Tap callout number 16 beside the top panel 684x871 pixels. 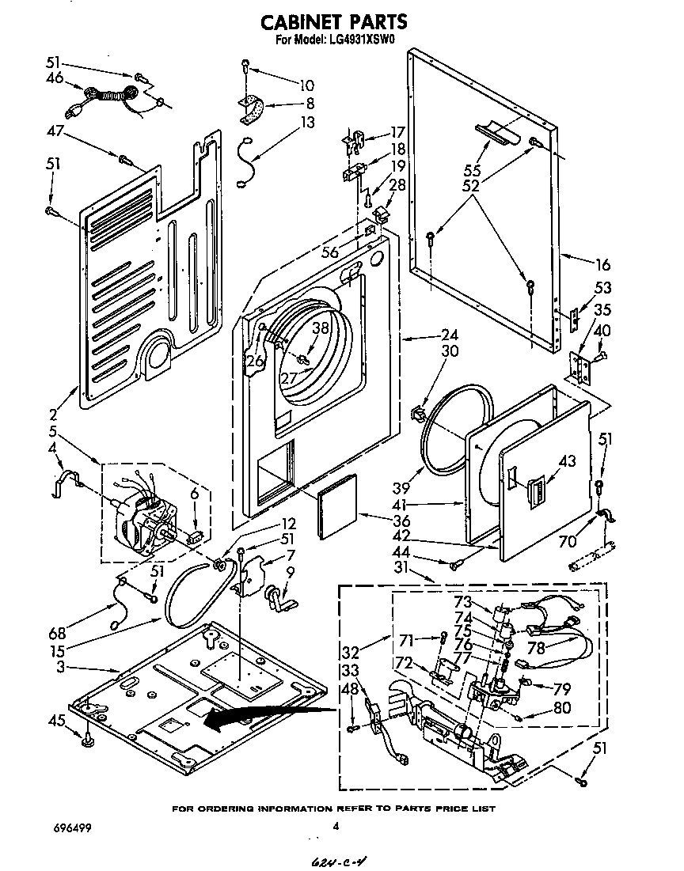pyautogui.click(x=603, y=264)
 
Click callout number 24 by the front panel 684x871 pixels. pyautogui.click(x=428, y=335)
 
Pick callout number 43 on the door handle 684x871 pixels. pyautogui.click(x=568, y=460)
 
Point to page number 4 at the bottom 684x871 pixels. pyautogui.click(x=336, y=827)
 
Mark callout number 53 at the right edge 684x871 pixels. pyautogui.click(x=603, y=287)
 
